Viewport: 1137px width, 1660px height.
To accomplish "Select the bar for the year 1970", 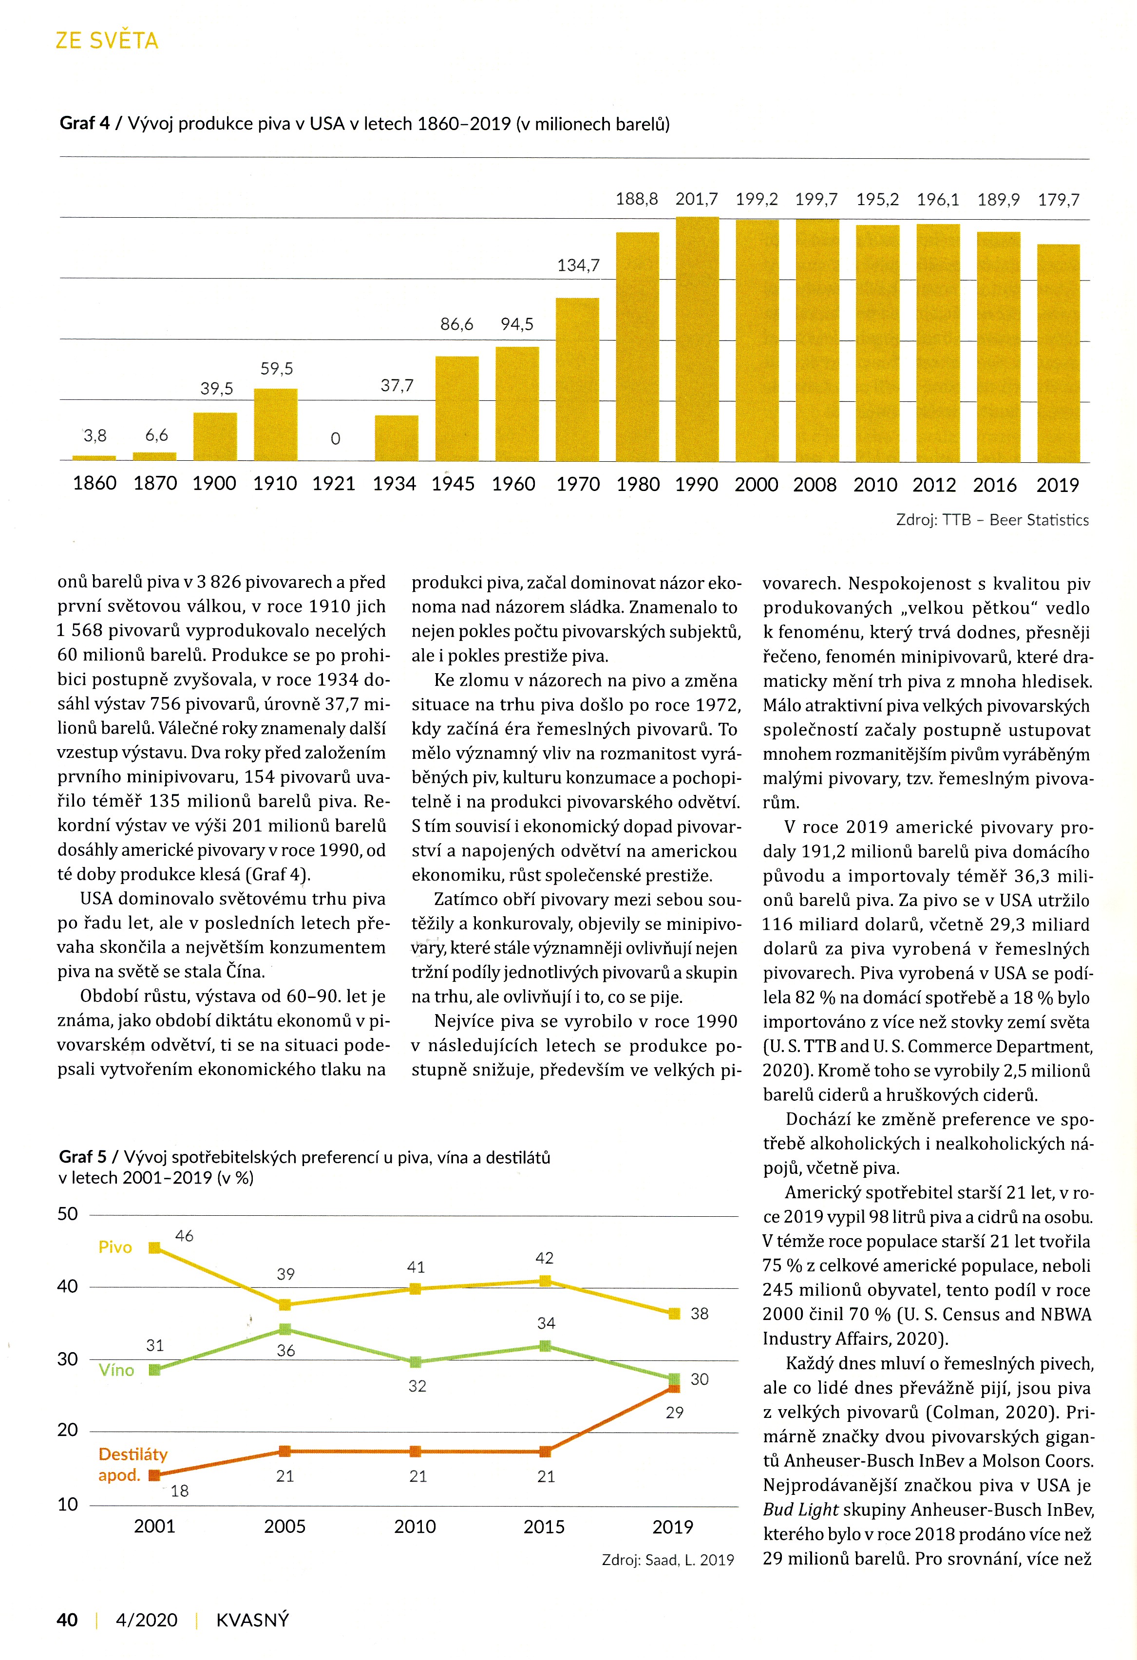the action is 577,379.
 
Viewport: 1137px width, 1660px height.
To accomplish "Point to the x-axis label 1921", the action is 334,484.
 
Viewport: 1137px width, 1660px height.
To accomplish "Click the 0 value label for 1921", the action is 335,438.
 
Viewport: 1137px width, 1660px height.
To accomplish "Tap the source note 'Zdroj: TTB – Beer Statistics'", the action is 992,520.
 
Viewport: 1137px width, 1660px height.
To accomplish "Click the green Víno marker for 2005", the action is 285,1329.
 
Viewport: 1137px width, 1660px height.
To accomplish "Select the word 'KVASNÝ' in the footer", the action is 253,1620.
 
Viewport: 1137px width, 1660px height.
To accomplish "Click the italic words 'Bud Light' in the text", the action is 800,1509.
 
